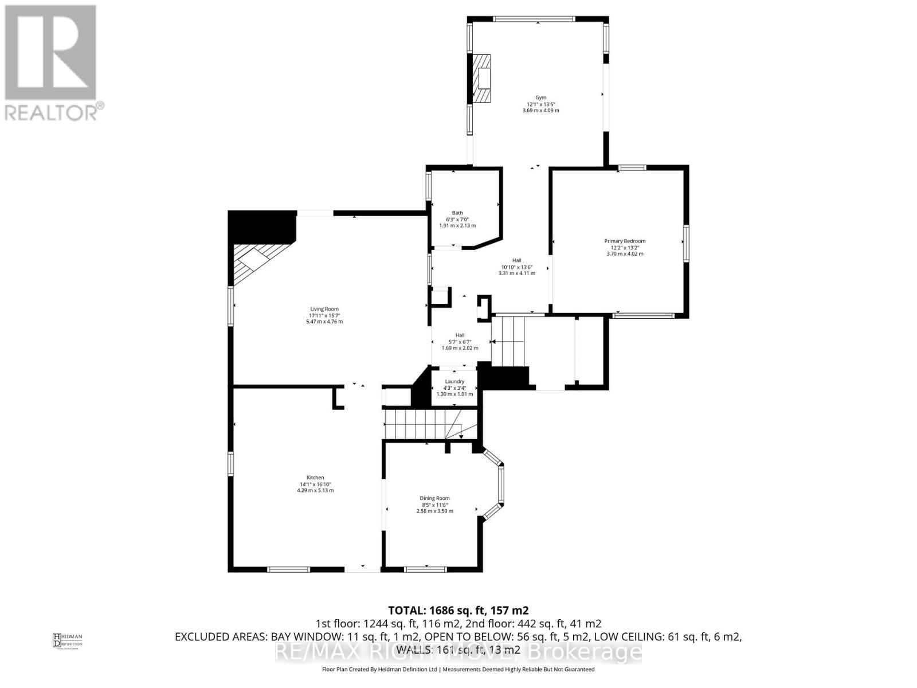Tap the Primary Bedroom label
pyautogui.click(x=625, y=241)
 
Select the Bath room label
pyautogui.click(x=457, y=213)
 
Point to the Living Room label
pyautogui.click(x=324, y=309)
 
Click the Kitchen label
pyautogui.click(x=315, y=478)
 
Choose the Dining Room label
pyautogui.click(x=434, y=498)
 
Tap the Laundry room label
pyautogui.click(x=454, y=381)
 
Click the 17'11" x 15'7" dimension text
pyautogui.click(x=324, y=315)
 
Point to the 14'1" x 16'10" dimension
pyautogui.click(x=315, y=484)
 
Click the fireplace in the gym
pyautogui.click(x=481, y=79)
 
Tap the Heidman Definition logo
pyautogui.click(x=68, y=640)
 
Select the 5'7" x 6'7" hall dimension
pyautogui.click(x=460, y=342)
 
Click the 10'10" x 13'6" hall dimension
pyautogui.click(x=516, y=267)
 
